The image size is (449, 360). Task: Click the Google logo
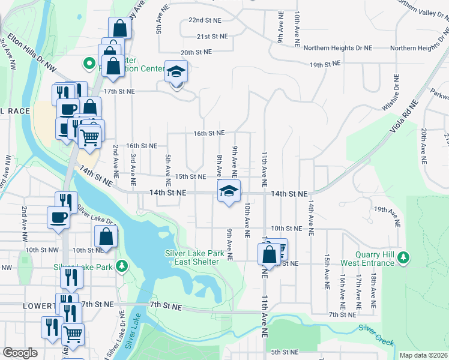point(20,353)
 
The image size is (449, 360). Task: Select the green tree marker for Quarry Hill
point(404,258)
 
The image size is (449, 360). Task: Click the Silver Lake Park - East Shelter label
point(194,257)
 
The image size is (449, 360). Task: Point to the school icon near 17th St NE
point(176,72)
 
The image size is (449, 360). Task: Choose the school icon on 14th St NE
point(228,191)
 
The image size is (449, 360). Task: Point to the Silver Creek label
point(376,335)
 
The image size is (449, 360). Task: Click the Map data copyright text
point(423,355)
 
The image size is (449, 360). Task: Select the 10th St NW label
point(42,250)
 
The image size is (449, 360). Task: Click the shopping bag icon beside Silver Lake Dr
point(106,236)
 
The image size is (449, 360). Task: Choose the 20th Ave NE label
point(424,146)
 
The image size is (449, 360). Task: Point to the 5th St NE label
point(285,352)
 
